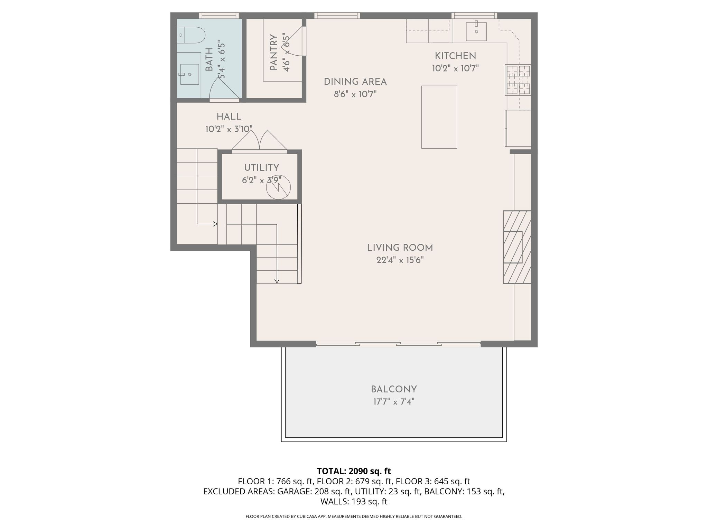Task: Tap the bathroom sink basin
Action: [x=189, y=74]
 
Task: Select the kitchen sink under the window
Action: [x=476, y=31]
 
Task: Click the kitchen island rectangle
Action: [x=439, y=117]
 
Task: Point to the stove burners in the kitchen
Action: [x=518, y=80]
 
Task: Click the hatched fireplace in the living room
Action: [x=517, y=247]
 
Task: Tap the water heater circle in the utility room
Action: [x=278, y=187]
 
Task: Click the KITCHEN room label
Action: [x=455, y=56]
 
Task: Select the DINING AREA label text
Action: [x=355, y=82]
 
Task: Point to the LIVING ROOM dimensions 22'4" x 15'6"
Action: [x=400, y=260]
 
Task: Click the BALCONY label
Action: [x=394, y=389]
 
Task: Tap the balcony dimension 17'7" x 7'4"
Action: [x=394, y=402]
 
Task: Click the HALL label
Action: [x=229, y=117]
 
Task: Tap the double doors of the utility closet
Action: [x=259, y=141]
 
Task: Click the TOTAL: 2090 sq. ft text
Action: [x=354, y=471]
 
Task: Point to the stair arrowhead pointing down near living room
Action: [x=277, y=281]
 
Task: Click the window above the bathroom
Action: [x=219, y=16]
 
